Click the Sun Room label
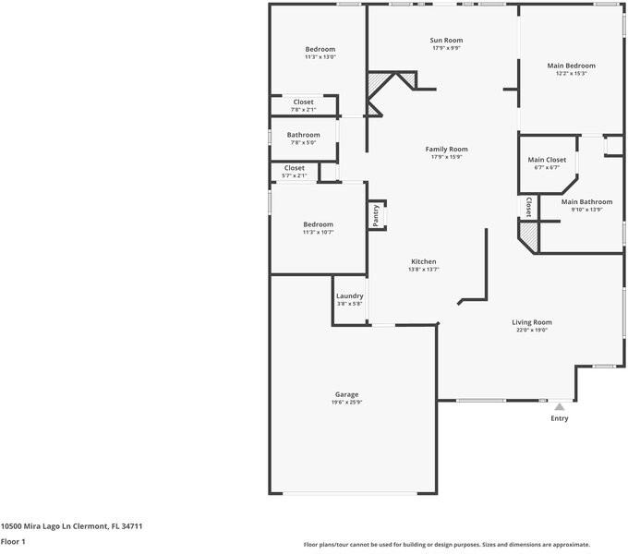click(x=446, y=41)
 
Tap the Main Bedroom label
click(x=571, y=66)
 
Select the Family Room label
click(x=446, y=150)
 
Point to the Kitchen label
click(x=423, y=261)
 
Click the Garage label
click(x=346, y=394)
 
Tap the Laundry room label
click(x=349, y=295)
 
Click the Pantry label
click(x=376, y=215)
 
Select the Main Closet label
click(x=547, y=160)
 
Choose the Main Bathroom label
click(x=586, y=201)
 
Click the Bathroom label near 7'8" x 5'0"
click(x=304, y=135)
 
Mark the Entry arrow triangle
click(x=559, y=404)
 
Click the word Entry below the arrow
click(x=559, y=418)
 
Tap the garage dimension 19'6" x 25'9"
click(x=346, y=403)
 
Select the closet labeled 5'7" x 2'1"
click(x=294, y=168)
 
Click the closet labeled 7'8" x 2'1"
click(x=303, y=102)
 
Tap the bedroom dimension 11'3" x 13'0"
click(x=320, y=57)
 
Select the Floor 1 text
click(x=13, y=542)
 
